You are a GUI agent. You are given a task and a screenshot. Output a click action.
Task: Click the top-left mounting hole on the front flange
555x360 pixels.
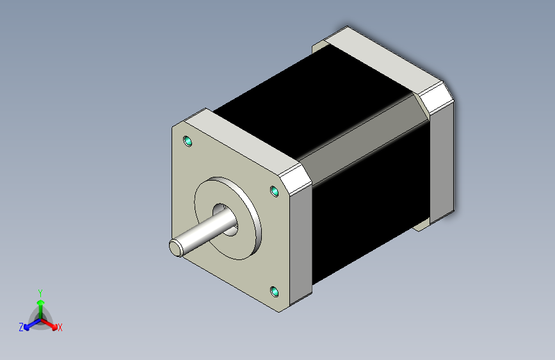(188, 141)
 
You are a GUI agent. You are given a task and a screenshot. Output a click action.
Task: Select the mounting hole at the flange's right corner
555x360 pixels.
(275, 192)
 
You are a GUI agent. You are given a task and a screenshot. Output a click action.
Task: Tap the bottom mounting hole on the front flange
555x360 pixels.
(275, 292)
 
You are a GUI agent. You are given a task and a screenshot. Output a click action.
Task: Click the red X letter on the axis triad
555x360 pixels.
(60, 327)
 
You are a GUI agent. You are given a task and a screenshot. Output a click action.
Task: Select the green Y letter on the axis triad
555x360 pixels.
(40, 291)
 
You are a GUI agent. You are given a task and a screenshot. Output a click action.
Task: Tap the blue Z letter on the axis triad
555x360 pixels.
(21, 327)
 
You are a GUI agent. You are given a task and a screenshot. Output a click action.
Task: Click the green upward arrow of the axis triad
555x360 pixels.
(40, 304)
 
